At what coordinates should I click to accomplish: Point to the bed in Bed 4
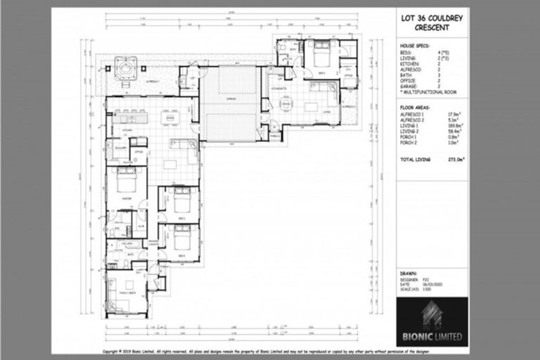point(322,53)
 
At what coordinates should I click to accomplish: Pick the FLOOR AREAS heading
point(416,110)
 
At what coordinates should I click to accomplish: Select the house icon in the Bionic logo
point(430,314)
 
